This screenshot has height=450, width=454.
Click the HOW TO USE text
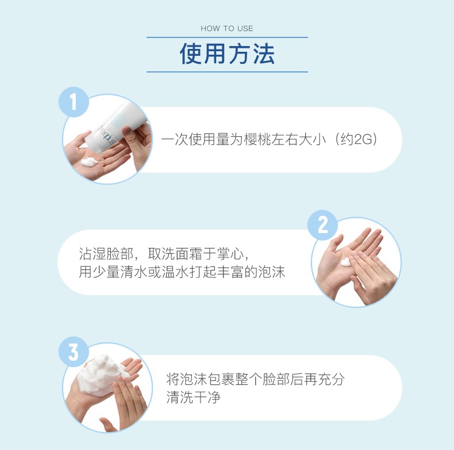227,28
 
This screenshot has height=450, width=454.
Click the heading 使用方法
227,54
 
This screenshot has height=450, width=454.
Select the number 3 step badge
74,353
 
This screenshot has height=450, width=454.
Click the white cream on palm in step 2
347,262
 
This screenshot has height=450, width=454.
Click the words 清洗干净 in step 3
194,397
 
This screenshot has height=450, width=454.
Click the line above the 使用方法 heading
227,37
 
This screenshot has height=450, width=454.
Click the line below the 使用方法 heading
227,72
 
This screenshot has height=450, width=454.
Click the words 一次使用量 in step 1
188,140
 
